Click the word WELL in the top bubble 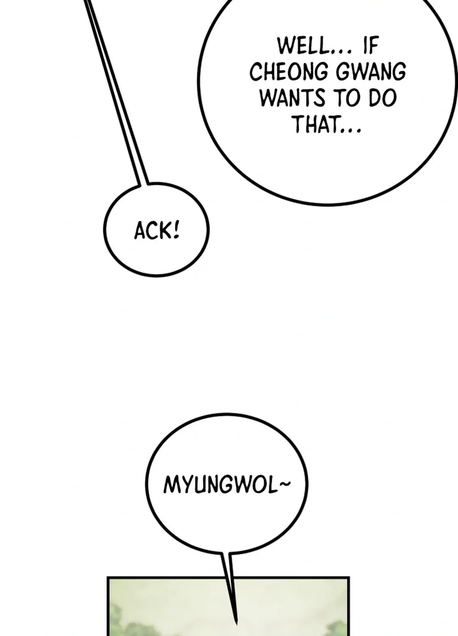[x=303, y=46]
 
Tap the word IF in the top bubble [x=371, y=46]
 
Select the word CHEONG [x=288, y=72]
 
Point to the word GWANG [x=371, y=72]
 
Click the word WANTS [x=292, y=98]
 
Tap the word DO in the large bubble [x=383, y=98]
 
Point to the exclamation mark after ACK [x=176, y=230]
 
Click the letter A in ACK [x=140, y=231]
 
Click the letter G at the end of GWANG [x=400, y=72]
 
